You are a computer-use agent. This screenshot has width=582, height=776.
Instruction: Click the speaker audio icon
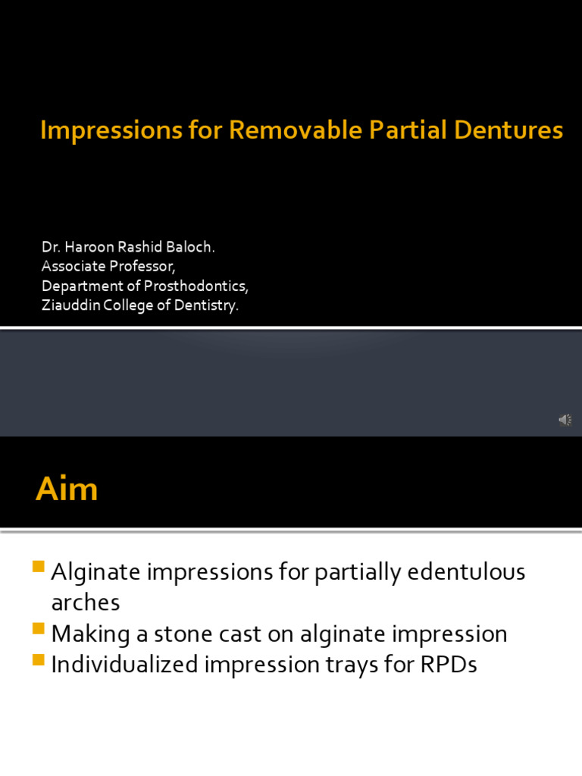565,420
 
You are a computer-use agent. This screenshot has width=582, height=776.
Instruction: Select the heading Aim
67,489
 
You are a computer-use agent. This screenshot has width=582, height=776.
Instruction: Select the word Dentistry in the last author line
208,306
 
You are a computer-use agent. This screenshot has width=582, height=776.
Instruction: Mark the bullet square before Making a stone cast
41,628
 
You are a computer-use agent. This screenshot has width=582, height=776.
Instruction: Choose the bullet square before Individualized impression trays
41,659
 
